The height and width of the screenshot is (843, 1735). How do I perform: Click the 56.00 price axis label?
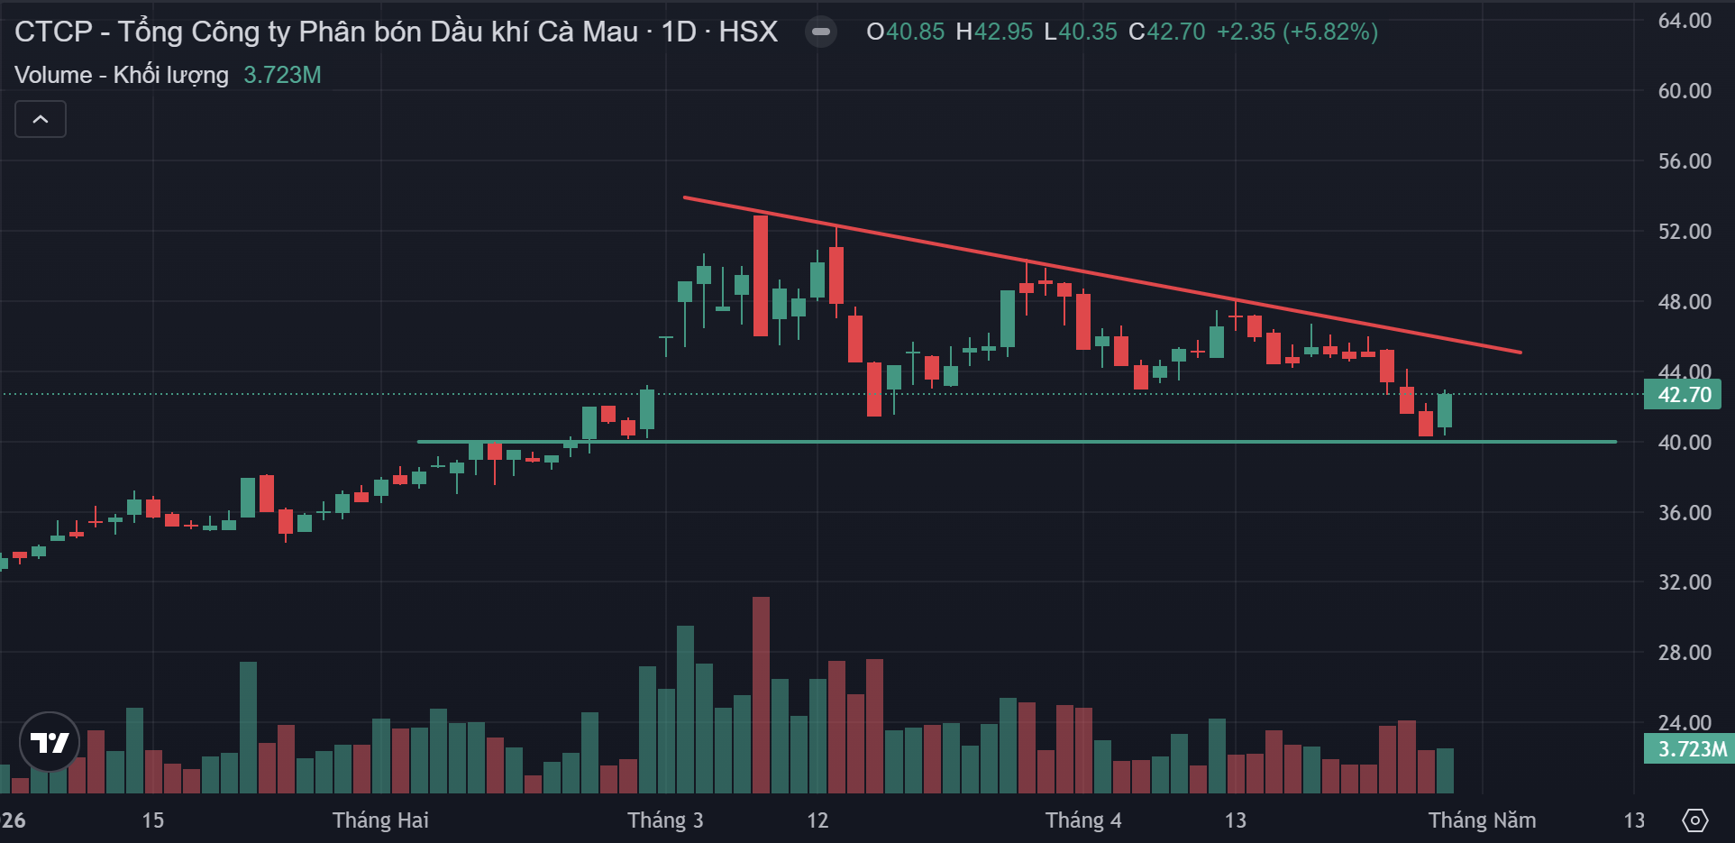1684,161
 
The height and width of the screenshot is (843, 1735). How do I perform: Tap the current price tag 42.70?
1683,395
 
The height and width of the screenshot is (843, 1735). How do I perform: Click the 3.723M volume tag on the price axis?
1691,749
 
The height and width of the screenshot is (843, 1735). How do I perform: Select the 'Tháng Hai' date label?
380,820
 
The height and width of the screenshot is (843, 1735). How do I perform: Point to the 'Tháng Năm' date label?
1482,820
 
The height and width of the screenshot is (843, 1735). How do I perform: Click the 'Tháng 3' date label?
665,820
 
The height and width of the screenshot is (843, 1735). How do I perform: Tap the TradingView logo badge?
50,742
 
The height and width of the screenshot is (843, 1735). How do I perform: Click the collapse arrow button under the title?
41,119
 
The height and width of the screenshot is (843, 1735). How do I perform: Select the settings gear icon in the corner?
1694,820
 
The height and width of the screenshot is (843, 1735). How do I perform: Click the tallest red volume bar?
761,694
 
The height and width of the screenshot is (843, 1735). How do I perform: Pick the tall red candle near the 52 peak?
761,276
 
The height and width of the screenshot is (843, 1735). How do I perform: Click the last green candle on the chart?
1445,410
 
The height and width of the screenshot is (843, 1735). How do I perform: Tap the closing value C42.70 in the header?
1166,32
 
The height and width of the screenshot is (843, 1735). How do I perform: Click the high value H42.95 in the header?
993,32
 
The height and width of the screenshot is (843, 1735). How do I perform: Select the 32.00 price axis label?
1684,582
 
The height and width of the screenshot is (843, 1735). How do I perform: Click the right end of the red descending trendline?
1520,352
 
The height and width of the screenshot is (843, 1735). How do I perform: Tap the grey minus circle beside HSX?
820,32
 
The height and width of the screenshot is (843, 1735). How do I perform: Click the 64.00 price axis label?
1684,21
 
